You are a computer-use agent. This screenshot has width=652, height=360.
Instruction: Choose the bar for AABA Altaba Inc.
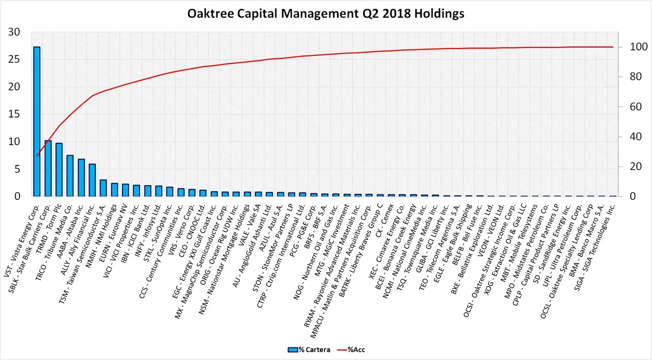[x=81, y=177]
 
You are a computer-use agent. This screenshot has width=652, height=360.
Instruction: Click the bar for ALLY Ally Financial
[x=92, y=180]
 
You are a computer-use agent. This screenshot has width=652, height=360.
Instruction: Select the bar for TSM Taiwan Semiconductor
[x=103, y=188]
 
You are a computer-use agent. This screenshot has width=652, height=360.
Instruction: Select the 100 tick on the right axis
[x=629, y=48]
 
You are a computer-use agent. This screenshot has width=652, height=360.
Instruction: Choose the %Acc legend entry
[x=356, y=350]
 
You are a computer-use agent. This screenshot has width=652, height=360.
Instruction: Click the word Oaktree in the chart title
[x=209, y=14]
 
